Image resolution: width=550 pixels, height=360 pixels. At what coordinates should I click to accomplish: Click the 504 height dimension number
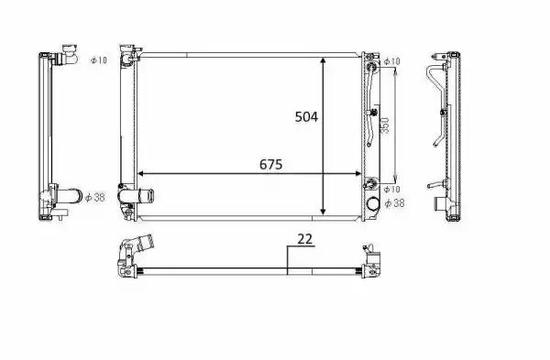(x=305, y=116)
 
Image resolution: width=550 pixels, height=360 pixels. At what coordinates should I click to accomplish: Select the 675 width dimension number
(x=269, y=165)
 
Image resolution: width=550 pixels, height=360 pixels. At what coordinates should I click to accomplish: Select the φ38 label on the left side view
(x=94, y=196)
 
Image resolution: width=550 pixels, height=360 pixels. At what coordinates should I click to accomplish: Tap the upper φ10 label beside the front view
(x=391, y=61)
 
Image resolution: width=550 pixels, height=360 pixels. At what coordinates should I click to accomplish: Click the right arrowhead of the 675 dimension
(x=361, y=173)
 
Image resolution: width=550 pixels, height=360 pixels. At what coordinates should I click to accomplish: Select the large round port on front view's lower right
(x=372, y=205)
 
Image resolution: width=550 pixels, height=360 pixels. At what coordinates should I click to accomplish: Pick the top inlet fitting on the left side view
(x=67, y=58)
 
